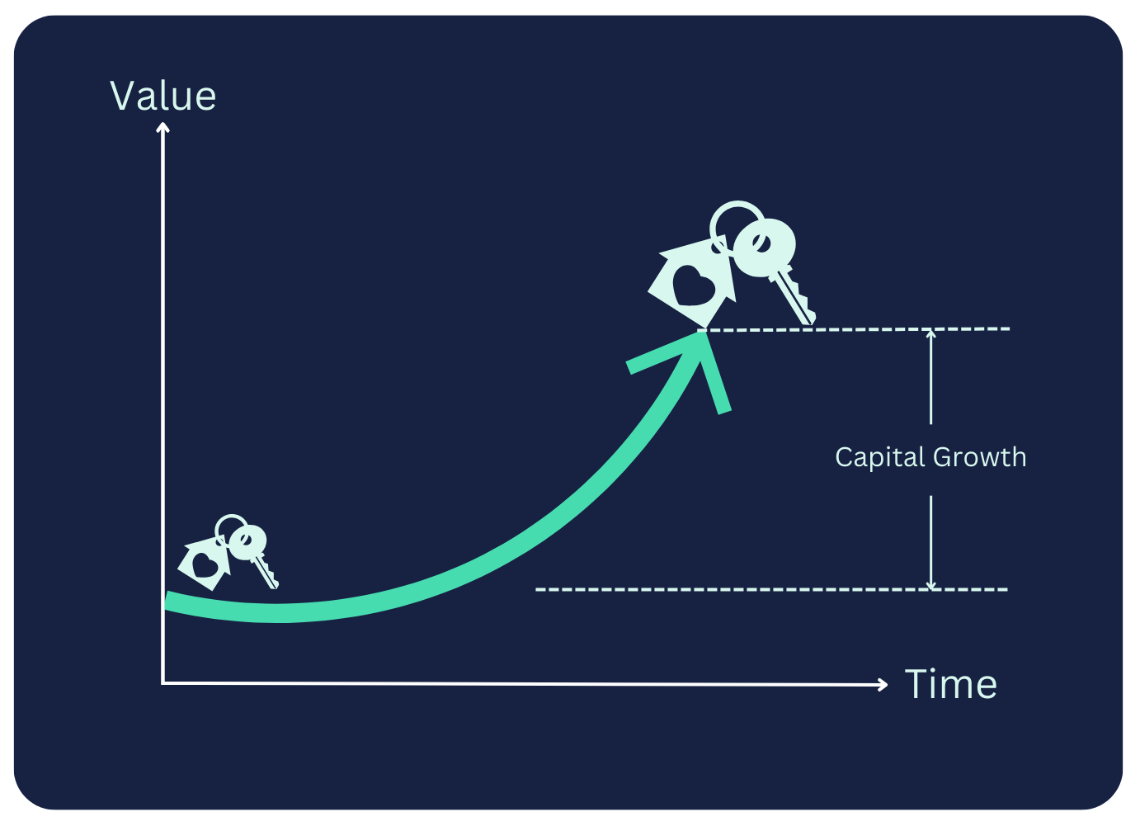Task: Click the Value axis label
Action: [163, 96]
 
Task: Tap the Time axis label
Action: [950, 684]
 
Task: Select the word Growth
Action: [980, 457]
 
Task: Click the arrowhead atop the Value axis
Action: [163, 126]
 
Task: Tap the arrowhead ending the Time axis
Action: [883, 684]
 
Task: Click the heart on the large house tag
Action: [694, 284]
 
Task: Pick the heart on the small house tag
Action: [205, 564]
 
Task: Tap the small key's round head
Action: [247, 541]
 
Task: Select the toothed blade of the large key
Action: [795, 299]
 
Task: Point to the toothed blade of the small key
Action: [267, 573]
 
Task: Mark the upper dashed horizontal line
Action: [858, 329]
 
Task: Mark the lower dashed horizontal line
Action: [771, 590]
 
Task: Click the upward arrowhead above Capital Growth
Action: [931, 334]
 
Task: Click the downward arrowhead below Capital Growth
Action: [931, 585]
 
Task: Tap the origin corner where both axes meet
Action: [163, 683]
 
